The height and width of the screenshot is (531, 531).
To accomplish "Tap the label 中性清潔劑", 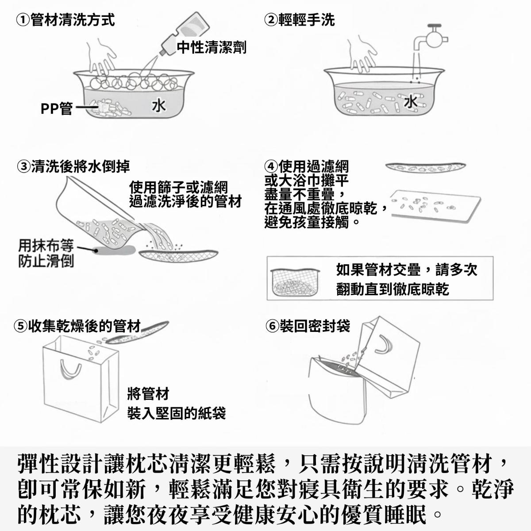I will [212, 47].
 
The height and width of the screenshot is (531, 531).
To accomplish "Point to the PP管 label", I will [57, 108].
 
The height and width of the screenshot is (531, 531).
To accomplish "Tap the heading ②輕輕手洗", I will [300, 20].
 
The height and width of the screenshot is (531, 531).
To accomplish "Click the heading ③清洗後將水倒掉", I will [73, 166].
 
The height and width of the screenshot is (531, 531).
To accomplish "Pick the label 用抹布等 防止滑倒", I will [46, 253].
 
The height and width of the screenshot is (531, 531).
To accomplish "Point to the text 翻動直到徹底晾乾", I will [392, 289].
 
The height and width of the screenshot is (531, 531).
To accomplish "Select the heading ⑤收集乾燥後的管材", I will [77, 326].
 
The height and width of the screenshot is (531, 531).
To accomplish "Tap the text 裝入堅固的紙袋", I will [177, 413].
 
